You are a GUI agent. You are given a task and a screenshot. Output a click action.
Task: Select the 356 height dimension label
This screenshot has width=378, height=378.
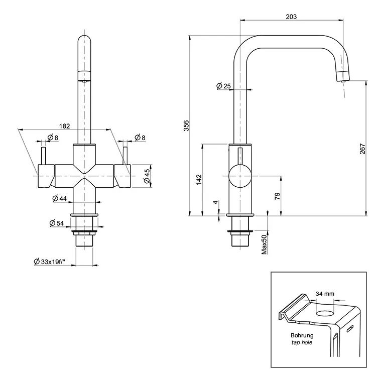click(x=186, y=125)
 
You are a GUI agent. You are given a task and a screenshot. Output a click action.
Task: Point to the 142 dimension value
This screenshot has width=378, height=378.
click(x=198, y=179)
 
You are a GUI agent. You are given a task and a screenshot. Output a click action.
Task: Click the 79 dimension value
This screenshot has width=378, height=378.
click(x=277, y=196)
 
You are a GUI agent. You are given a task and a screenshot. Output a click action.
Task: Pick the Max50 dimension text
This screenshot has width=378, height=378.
click(x=264, y=243)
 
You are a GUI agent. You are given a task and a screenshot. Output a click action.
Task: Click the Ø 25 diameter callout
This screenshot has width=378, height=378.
click(x=223, y=86)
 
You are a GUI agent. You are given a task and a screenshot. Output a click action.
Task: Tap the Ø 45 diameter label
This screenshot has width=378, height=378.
click(x=147, y=176)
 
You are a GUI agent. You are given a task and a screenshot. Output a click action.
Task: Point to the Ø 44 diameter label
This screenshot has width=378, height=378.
click(x=59, y=199)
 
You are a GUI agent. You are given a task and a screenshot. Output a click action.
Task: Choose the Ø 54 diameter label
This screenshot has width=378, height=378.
click(x=56, y=223)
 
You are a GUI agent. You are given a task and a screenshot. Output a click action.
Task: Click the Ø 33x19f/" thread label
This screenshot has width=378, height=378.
click(x=53, y=261)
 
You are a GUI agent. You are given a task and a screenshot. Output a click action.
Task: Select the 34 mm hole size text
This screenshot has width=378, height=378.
click(x=325, y=294)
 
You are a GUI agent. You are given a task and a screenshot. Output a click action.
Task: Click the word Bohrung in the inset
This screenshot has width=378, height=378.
click(x=302, y=335)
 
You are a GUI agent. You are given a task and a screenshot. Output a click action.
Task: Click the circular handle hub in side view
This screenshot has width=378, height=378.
click(x=239, y=177)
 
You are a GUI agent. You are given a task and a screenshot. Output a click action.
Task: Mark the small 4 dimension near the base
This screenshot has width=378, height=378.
click(x=215, y=202)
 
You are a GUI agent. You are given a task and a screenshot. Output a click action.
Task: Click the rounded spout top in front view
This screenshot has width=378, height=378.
click(x=84, y=40)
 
